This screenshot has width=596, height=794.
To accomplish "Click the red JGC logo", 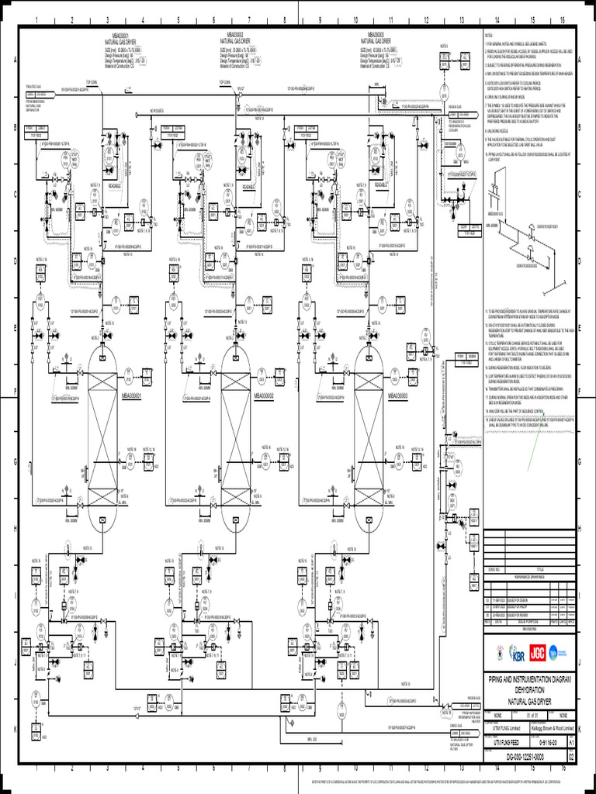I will click(x=536, y=651).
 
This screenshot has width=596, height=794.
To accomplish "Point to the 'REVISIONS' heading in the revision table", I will click(x=528, y=630).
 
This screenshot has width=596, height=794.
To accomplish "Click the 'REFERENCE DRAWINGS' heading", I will click(x=528, y=578).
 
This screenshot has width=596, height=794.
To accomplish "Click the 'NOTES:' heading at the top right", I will click(x=489, y=36).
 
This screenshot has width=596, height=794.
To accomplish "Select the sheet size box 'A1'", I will click(x=572, y=741).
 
